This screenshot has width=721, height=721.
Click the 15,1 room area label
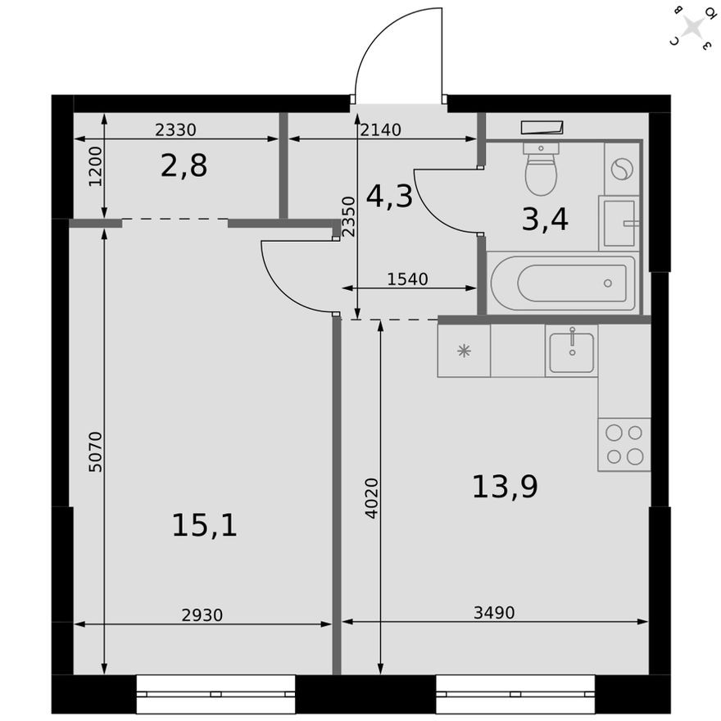pyautogui.click(x=204, y=524)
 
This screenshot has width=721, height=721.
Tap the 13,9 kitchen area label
pyautogui.click(x=504, y=487)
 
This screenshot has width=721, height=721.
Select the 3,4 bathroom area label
pyautogui.click(x=545, y=219)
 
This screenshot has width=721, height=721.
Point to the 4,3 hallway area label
pyautogui.click(x=389, y=196)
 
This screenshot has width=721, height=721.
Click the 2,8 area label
pyautogui.click(x=184, y=166)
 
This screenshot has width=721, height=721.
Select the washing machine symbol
pyautogui.click(x=622, y=169)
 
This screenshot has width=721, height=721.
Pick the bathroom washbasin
pyautogui.click(x=619, y=222)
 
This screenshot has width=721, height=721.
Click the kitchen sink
pyautogui.click(x=571, y=350)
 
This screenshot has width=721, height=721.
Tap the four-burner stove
pyautogui.click(x=624, y=444)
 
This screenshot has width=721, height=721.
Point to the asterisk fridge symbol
pyautogui.click(x=464, y=351)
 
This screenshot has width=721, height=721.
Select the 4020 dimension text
pyautogui.click(x=372, y=497)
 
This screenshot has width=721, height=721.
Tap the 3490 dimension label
pyautogui.click(x=494, y=612)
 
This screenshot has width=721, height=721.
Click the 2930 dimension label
pyautogui.click(x=202, y=614)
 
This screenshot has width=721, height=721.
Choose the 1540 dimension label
pyautogui.click(x=407, y=279)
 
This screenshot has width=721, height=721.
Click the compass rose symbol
pyautogui.click(x=693, y=28)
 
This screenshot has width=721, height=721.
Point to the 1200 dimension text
pyautogui.click(x=95, y=167)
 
